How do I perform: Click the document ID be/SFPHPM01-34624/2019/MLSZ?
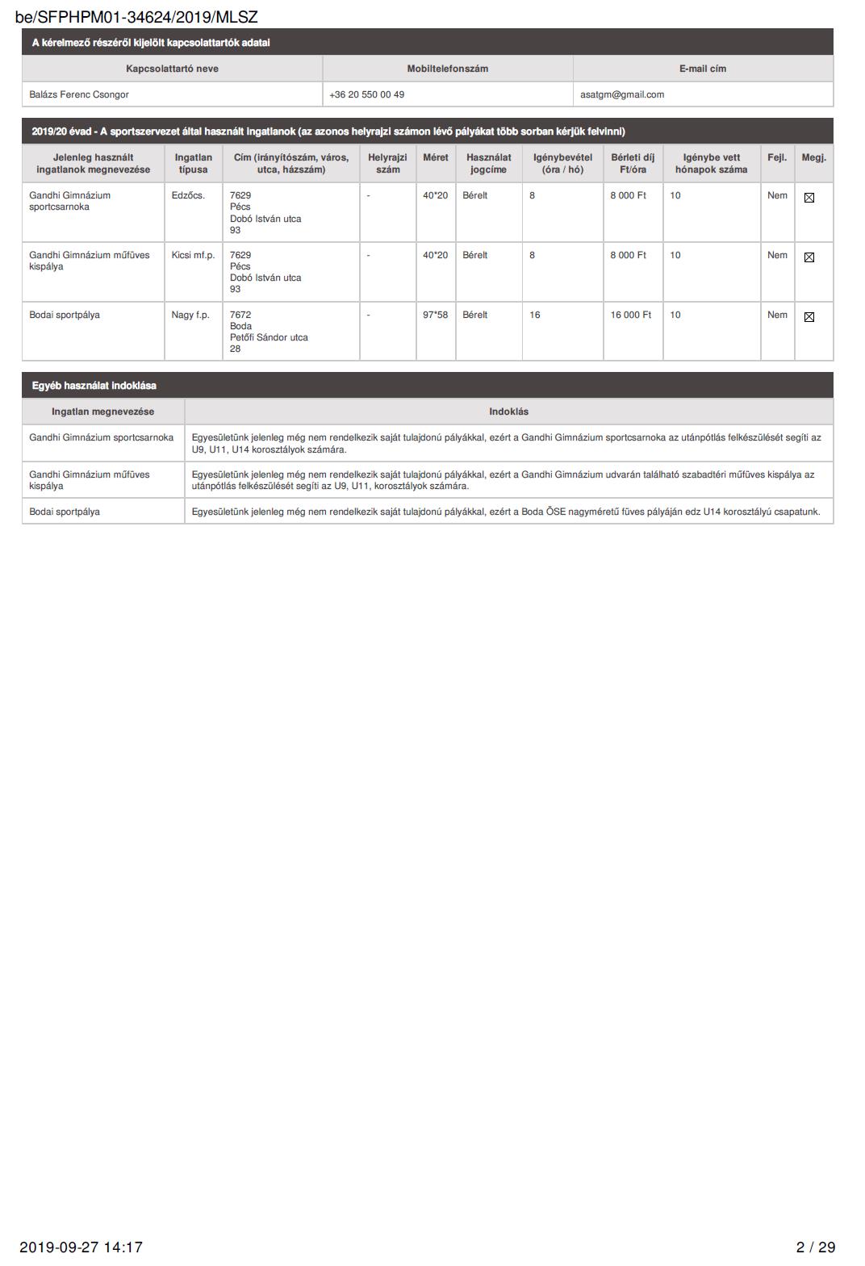[x=136, y=17]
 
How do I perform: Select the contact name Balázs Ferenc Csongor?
[x=79, y=94]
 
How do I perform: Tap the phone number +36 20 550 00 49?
[x=367, y=94]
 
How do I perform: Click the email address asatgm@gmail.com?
[x=622, y=94]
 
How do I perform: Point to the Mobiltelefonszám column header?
[x=447, y=69]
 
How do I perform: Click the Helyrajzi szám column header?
[x=387, y=163]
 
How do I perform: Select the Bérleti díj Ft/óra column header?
[x=633, y=163]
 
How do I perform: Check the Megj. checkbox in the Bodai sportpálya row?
[x=809, y=317]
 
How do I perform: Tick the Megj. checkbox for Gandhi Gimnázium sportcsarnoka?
[x=809, y=198]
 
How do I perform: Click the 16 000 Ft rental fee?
[x=630, y=315]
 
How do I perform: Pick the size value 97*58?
[x=435, y=315]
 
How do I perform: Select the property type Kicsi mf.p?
[x=193, y=255]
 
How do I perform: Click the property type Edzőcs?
[x=188, y=195]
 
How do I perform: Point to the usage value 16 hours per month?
[x=535, y=315]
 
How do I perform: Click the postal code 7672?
[x=240, y=315]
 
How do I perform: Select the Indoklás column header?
[x=508, y=412]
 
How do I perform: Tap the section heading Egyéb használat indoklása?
[x=94, y=386]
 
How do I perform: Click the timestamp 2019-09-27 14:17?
[x=81, y=1247]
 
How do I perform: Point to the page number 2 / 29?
[x=815, y=1247]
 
